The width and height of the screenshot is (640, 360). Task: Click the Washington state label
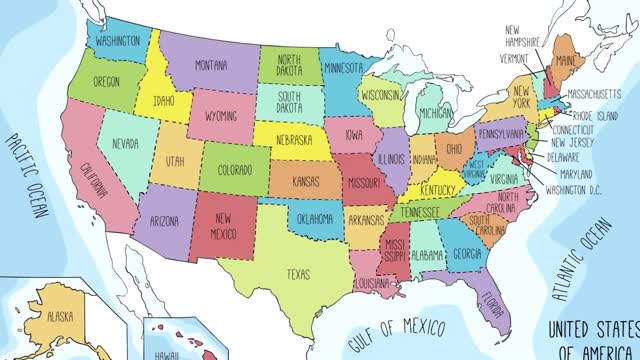(x=118, y=43)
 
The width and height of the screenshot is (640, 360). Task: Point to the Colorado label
(x=234, y=169)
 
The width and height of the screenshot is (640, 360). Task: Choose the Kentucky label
(x=440, y=190)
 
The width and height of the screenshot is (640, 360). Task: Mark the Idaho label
(x=166, y=103)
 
